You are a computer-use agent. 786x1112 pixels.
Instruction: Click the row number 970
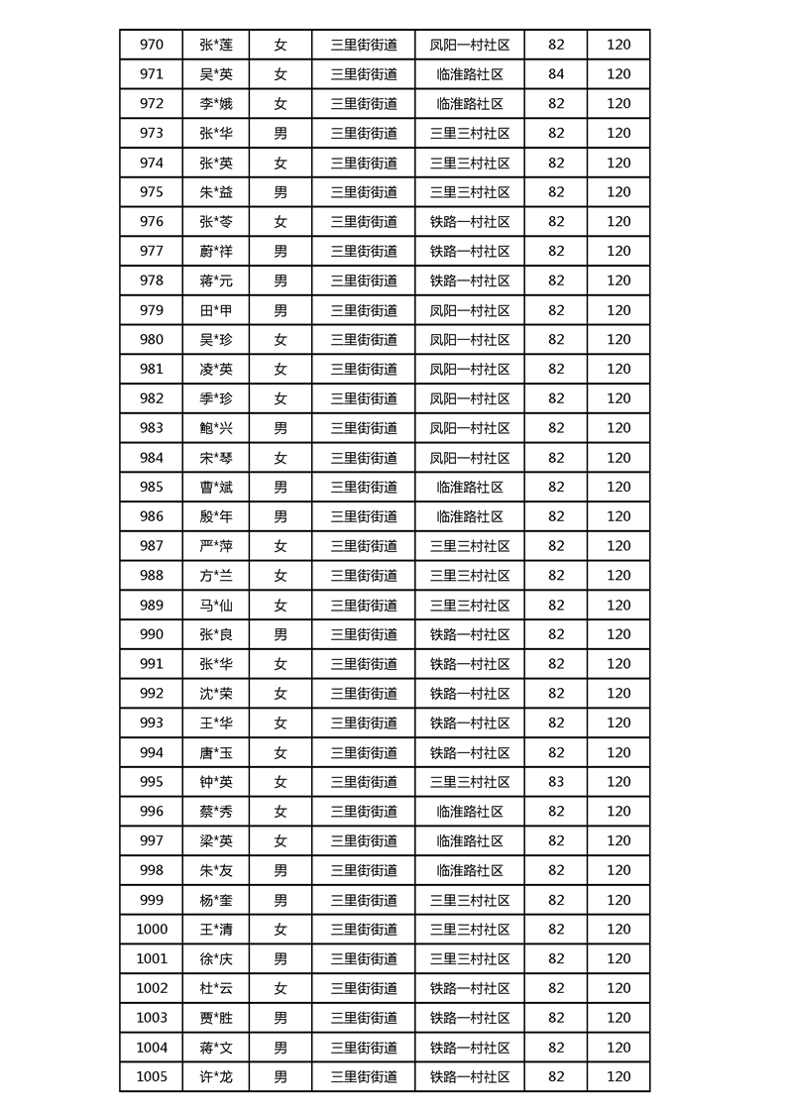pyautogui.click(x=152, y=45)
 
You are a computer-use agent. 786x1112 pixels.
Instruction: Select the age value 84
pyautogui.click(x=556, y=74)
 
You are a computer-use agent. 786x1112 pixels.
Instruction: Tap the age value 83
pyautogui.click(x=556, y=782)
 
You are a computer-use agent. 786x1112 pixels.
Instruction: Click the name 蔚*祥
pyautogui.click(x=216, y=251)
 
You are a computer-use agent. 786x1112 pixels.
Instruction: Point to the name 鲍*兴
pyautogui.click(x=216, y=428)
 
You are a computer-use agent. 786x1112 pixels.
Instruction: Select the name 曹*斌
pyautogui.click(x=216, y=487)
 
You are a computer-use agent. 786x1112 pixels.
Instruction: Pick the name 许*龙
pyautogui.click(x=216, y=1077)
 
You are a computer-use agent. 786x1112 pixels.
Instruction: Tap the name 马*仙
pyautogui.click(x=216, y=605)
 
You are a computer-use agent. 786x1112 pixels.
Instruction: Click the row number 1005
pyautogui.click(x=152, y=1077)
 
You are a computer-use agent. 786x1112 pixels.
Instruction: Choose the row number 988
pyautogui.click(x=152, y=576)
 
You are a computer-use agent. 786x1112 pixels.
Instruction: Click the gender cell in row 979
pyautogui.click(x=281, y=310)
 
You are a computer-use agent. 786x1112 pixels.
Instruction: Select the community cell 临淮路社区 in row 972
pyautogui.click(x=470, y=104)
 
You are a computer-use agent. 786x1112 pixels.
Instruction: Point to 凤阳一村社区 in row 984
pyautogui.click(x=470, y=458)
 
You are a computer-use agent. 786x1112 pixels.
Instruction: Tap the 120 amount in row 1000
pyautogui.click(x=618, y=930)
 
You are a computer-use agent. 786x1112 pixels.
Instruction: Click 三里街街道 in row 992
pyautogui.click(x=364, y=694)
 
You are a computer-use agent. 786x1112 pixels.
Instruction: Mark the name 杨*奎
pyautogui.click(x=216, y=900)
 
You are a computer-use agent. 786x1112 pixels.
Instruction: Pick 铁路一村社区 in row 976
pyautogui.click(x=470, y=222)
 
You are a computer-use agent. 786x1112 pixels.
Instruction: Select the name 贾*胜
pyautogui.click(x=216, y=1018)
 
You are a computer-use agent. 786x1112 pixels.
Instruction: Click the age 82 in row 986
pyautogui.click(x=556, y=516)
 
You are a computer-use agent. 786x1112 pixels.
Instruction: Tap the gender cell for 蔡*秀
pyautogui.click(x=281, y=812)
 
